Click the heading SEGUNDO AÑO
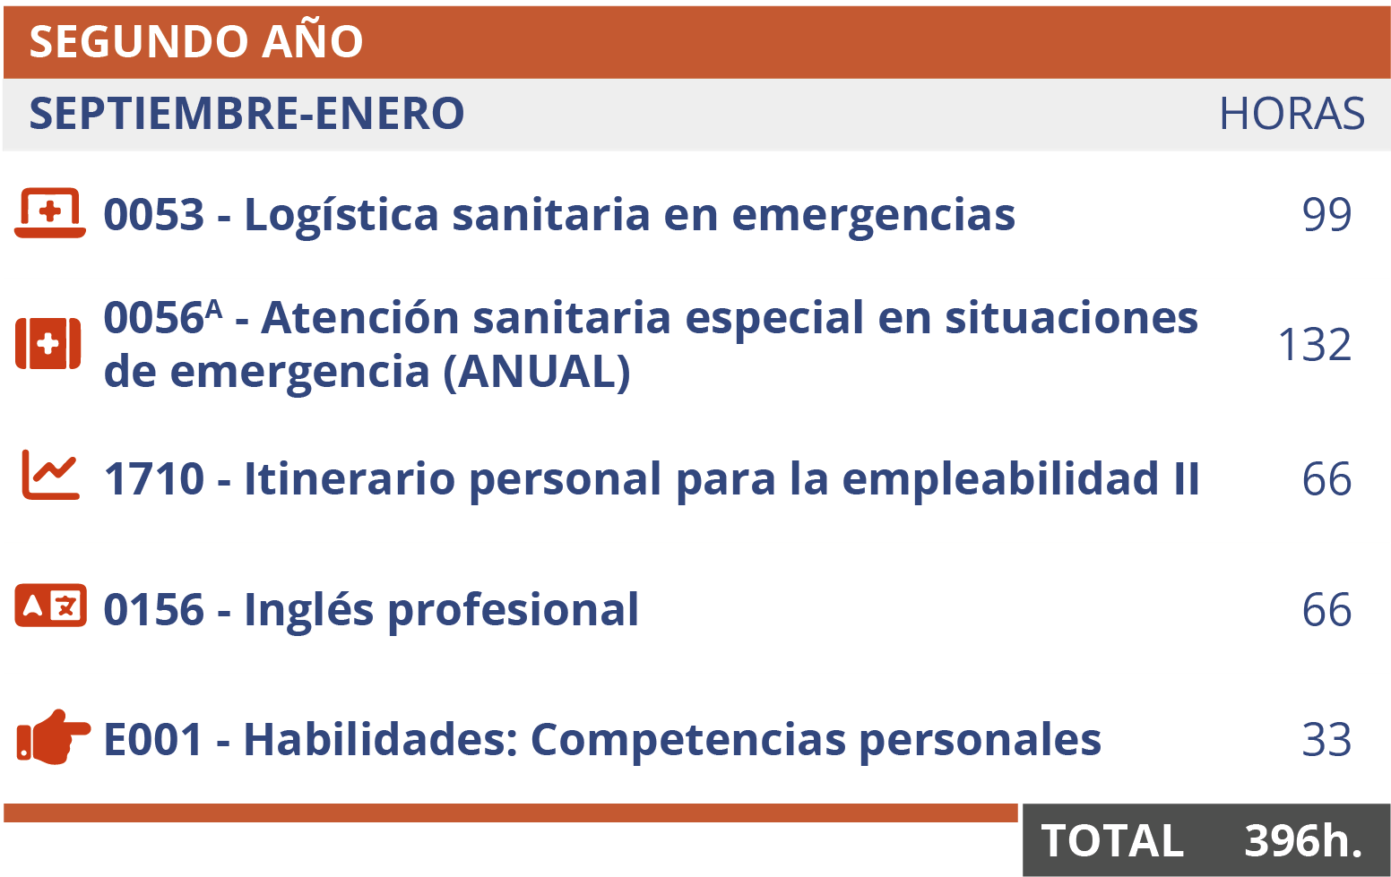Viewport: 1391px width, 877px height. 196,42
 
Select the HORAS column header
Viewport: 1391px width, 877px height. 1292,114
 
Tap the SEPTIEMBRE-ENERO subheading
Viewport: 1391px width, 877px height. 246,114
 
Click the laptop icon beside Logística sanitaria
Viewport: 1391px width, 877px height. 50,213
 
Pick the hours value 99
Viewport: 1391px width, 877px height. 1326,214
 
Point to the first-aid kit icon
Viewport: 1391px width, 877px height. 48,343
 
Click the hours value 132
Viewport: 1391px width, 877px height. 1314,345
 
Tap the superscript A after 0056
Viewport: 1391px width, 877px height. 213,309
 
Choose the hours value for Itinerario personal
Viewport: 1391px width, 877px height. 1326,479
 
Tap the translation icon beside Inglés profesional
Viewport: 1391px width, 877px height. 51,606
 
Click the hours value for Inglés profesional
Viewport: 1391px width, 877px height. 1326,610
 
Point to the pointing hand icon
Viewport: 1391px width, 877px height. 53,738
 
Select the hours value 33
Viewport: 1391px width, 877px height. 1326,740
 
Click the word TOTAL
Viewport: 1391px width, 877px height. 1112,841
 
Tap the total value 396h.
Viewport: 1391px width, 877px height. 1303,840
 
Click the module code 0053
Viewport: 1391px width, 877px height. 154,215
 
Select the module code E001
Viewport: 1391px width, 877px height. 153,740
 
